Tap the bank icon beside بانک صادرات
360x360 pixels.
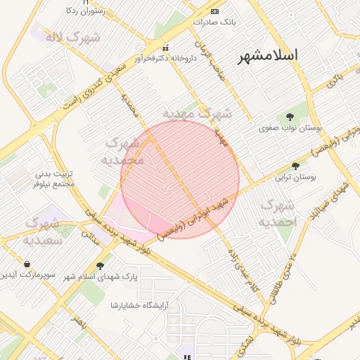click(x=214, y=12)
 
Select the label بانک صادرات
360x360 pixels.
click(x=214, y=22)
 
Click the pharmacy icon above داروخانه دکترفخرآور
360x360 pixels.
click(x=165, y=48)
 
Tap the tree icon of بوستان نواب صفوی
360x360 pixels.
click(x=290, y=117)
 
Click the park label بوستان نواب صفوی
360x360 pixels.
click(x=290, y=129)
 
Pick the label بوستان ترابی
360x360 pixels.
click(x=296, y=178)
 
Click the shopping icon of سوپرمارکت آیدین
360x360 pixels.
click(x=27, y=264)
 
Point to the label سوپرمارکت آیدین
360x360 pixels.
click(x=26, y=274)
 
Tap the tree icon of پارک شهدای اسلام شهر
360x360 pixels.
click(x=100, y=266)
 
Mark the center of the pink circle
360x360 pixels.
click(x=180, y=179)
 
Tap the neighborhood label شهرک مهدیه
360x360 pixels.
click(x=198, y=112)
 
